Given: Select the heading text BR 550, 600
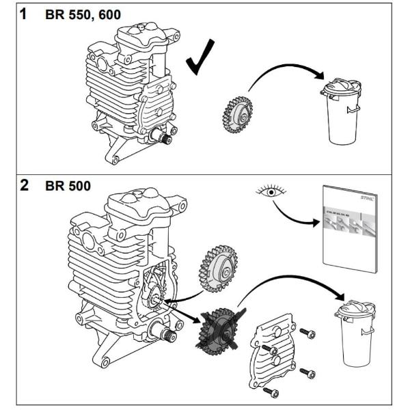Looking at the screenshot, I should pyautogui.click(x=83, y=14).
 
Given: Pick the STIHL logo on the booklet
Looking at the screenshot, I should pyautogui.click(x=366, y=199).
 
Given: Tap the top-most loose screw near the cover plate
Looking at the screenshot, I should pyautogui.click(x=310, y=333).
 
